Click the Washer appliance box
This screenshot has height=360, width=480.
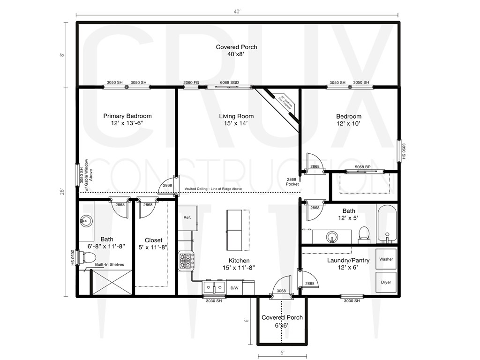point(386,259)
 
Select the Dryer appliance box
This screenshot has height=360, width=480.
point(386,282)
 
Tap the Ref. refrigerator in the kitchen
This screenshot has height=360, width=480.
point(187,218)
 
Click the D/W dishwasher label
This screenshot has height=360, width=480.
point(233,288)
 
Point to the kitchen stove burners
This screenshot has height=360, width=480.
point(186,261)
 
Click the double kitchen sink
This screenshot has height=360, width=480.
point(214,287)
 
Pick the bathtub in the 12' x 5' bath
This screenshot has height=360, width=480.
point(387,224)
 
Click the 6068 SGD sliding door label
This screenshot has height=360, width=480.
point(230,82)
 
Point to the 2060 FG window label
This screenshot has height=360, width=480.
point(191,82)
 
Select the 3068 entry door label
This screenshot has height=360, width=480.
point(281,291)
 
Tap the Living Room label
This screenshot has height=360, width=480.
point(236,116)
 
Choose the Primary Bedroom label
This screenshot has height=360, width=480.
point(127,116)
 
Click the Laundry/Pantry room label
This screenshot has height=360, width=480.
point(348,260)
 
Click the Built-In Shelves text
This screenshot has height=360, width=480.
point(109,265)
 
